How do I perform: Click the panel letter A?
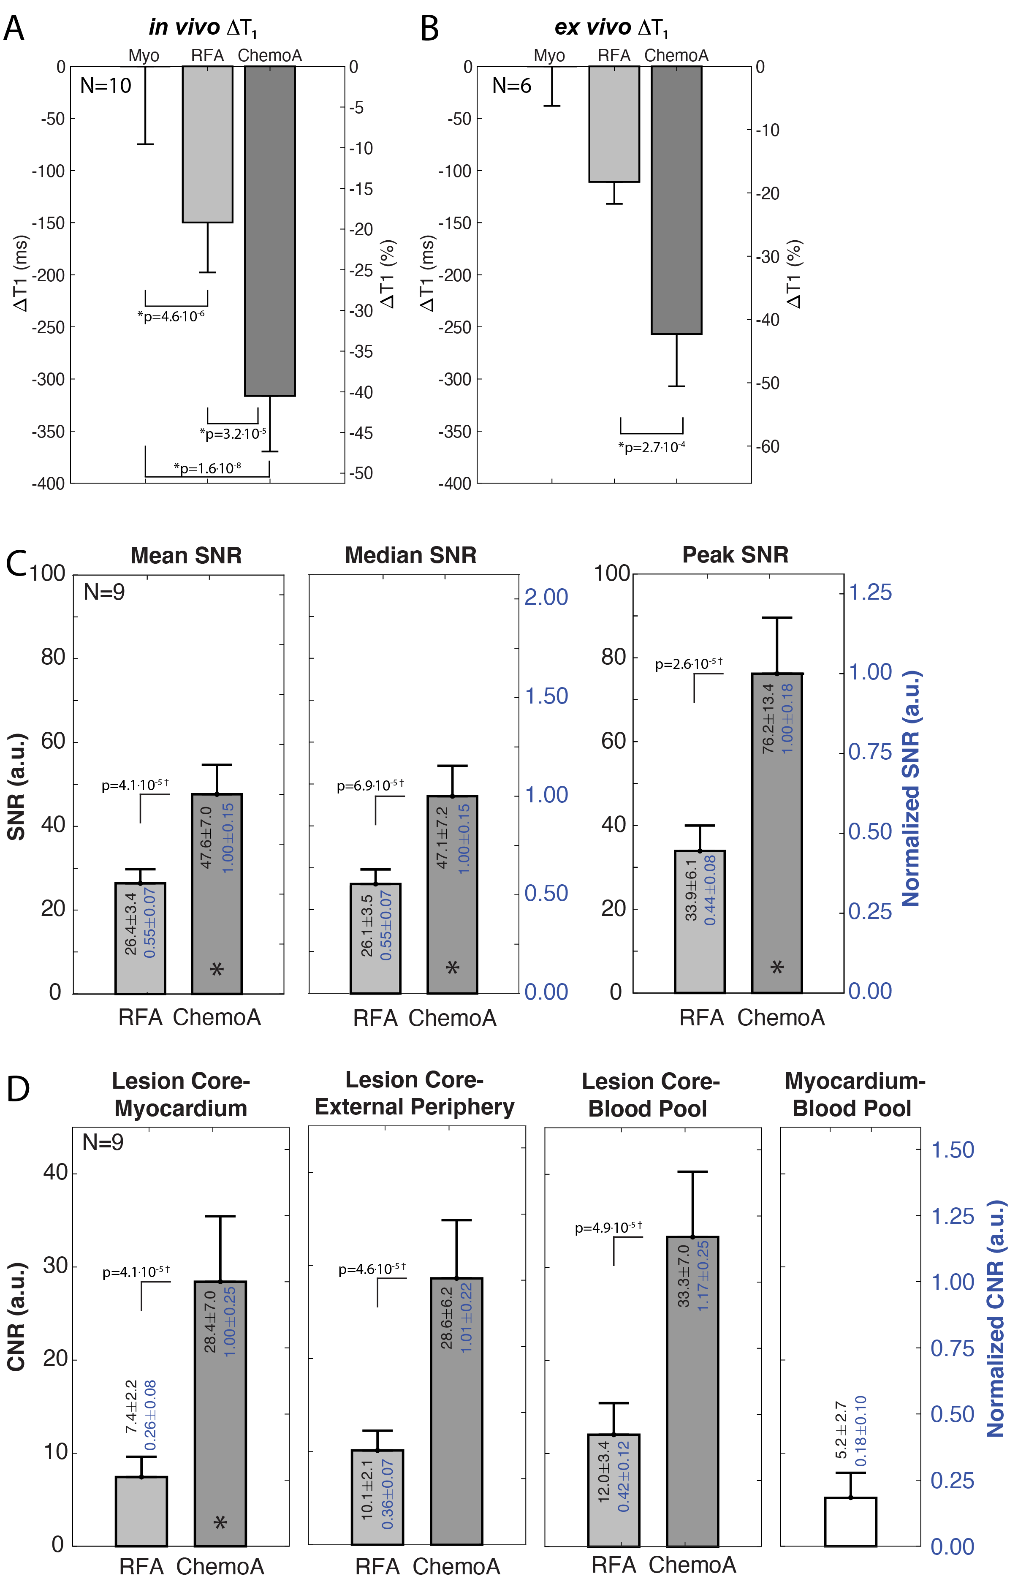pyautogui.click(x=14, y=29)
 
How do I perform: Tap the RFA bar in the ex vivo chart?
pyautogui.click(x=614, y=124)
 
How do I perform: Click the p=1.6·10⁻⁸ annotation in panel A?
pyautogui.click(x=207, y=469)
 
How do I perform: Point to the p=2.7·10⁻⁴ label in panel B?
pyautogui.click(x=651, y=448)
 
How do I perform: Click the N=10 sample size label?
pyautogui.click(x=106, y=85)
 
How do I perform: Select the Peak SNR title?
pyautogui.click(x=735, y=554)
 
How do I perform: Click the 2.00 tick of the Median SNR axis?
pyautogui.click(x=546, y=597)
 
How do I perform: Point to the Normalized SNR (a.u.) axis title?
pyautogui.click(x=912, y=788)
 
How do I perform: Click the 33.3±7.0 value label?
pyautogui.click(x=684, y=1276)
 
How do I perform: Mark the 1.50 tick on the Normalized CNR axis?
pyautogui.click(x=952, y=1150)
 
